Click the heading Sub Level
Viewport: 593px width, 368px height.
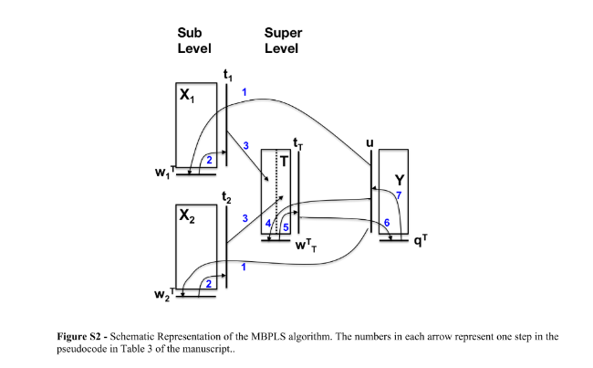(x=194, y=40)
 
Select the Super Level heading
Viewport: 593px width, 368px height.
(x=283, y=40)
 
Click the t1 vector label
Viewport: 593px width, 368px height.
(x=228, y=74)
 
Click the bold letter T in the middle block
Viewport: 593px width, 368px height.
(x=283, y=164)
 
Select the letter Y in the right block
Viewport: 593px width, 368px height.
(x=399, y=180)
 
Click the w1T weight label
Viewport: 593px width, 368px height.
(x=164, y=174)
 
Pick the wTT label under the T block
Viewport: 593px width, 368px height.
(x=307, y=246)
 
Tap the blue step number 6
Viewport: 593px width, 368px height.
(x=387, y=223)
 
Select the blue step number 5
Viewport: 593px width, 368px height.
(x=286, y=226)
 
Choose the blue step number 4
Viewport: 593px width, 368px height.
(x=268, y=224)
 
